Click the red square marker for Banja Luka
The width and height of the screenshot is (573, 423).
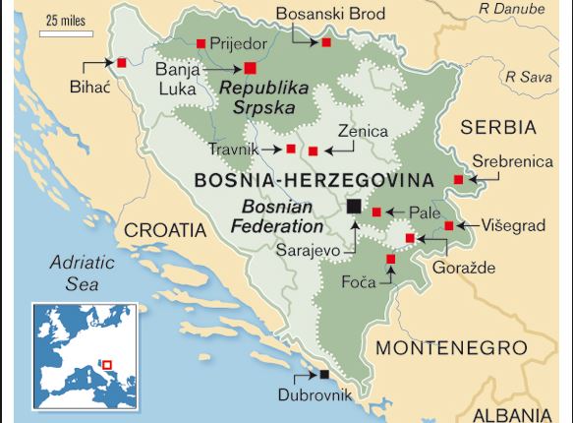pyautogui.click(x=250, y=68)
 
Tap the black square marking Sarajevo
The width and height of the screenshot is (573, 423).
pyautogui.click(x=354, y=206)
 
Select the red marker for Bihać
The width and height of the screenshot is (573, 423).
pyautogui.click(x=122, y=63)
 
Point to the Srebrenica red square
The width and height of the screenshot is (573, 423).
pyautogui.click(x=458, y=179)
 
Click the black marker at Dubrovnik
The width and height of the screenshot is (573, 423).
pyautogui.click(x=325, y=374)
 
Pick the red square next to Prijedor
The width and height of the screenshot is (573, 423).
pyautogui.click(x=201, y=42)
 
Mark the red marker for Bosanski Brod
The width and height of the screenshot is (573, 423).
pyautogui.click(x=325, y=43)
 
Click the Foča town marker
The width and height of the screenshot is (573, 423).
pyautogui.click(x=390, y=259)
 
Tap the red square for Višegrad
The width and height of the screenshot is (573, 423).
pyautogui.click(x=449, y=225)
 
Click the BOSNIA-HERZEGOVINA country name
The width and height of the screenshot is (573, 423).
pyautogui.click(x=314, y=180)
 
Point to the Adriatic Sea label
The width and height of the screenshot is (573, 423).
pyautogui.click(x=84, y=273)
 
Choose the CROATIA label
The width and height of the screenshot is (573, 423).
pyautogui.click(x=164, y=230)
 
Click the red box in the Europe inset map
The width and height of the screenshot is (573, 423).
pyautogui.click(x=108, y=366)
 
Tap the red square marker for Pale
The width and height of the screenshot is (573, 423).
pyautogui.click(x=376, y=211)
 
